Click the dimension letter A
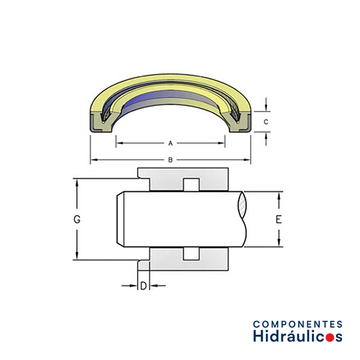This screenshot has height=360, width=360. point(170,143)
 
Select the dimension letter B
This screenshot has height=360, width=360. point(170,160)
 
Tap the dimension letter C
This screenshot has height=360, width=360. point(266,122)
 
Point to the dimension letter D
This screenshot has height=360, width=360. point(143,286)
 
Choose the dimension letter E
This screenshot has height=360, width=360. point(278,220)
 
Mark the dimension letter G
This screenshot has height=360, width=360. point(77,220)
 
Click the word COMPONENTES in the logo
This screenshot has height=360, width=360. point(298,324)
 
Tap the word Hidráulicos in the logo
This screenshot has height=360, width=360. point(298,336)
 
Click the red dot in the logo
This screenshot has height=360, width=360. point(329,338)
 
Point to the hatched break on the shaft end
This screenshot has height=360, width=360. point(242,205)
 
